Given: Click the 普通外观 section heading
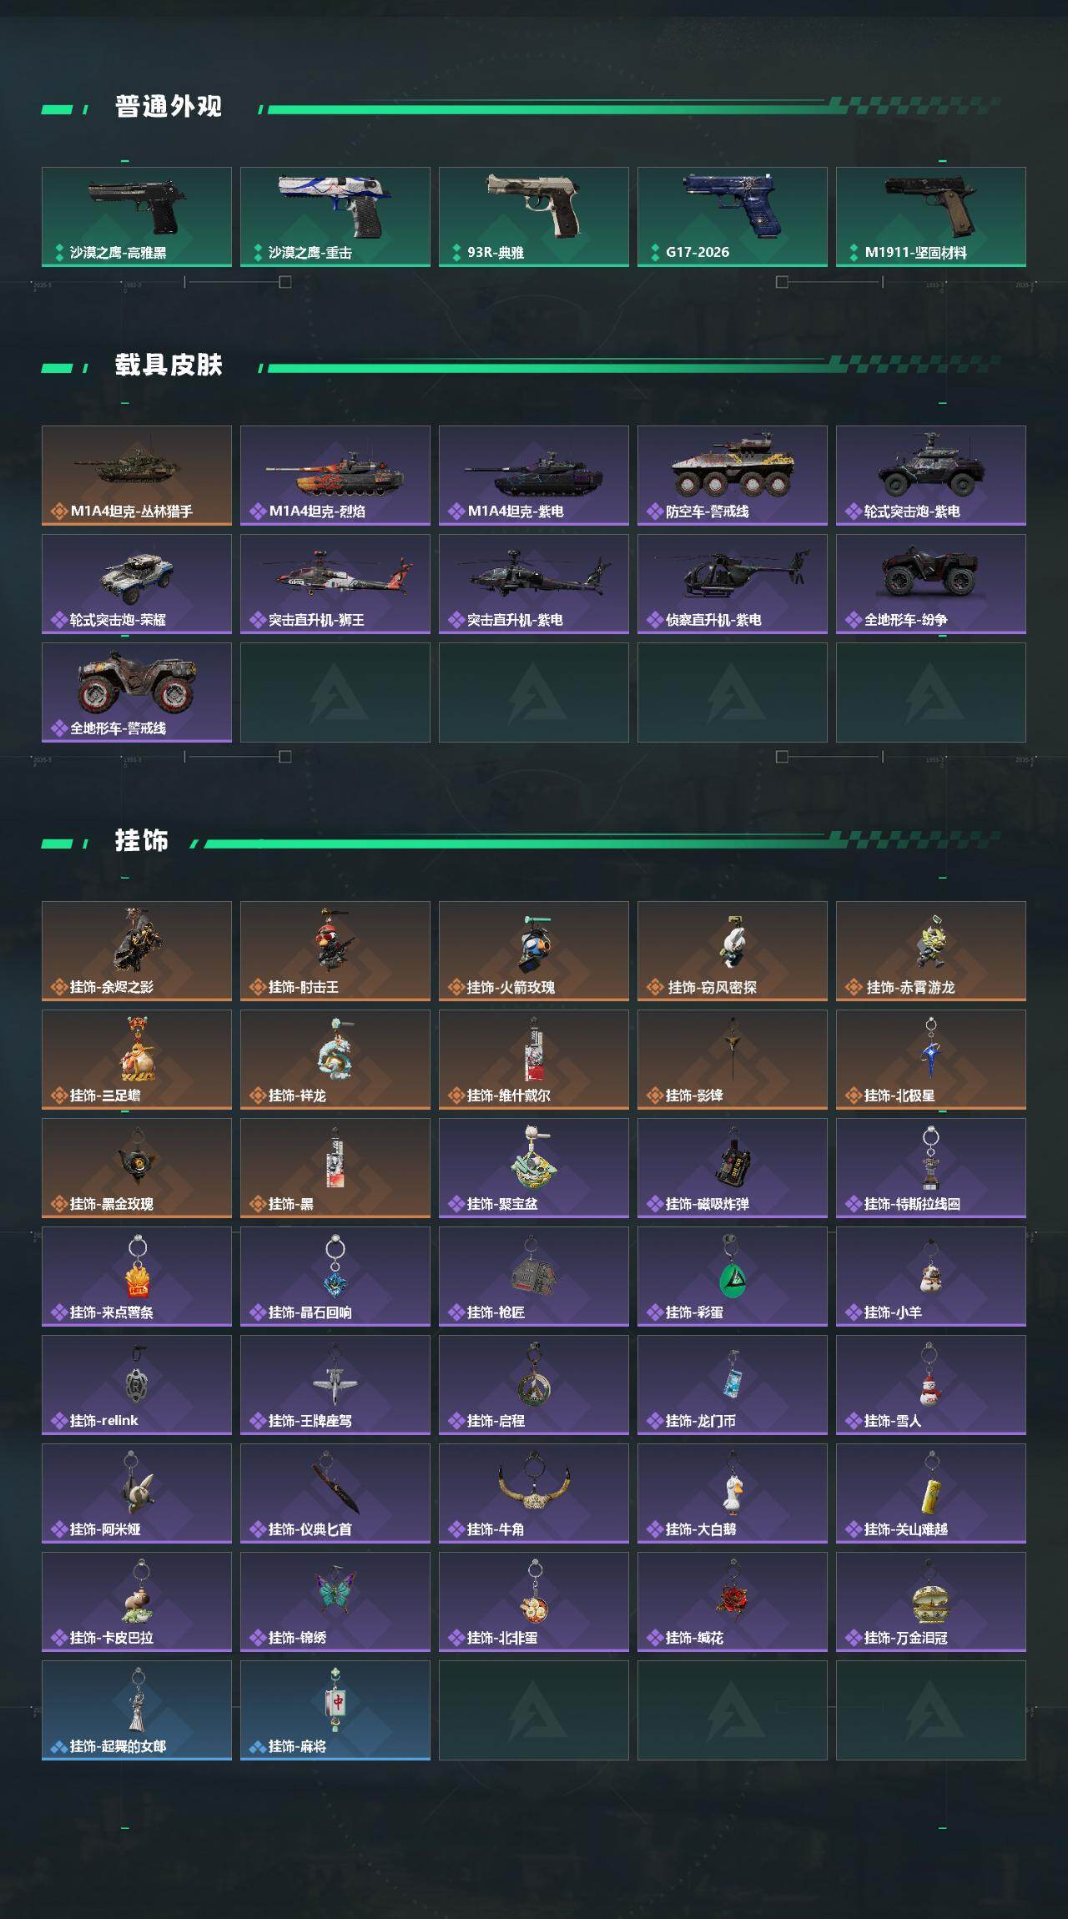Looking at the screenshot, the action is pyautogui.click(x=169, y=107).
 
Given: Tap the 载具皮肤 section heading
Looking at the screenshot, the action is pyautogui.click(x=169, y=365).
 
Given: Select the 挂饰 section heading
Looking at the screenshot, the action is pyautogui.click(x=142, y=841).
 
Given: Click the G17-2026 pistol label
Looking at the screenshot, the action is pyautogui.click(x=698, y=252).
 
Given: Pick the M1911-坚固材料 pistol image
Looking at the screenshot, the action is pyautogui.click(x=929, y=204).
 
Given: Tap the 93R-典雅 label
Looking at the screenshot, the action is pyautogui.click(x=496, y=252).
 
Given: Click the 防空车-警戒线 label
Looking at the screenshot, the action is pyautogui.click(x=708, y=511).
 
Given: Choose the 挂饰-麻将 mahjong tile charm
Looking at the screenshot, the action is pyautogui.click(x=335, y=1702).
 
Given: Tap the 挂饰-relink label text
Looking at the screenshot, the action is pyautogui.click(x=104, y=1420).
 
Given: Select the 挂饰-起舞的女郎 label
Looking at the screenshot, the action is pyautogui.click(x=118, y=1745).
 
